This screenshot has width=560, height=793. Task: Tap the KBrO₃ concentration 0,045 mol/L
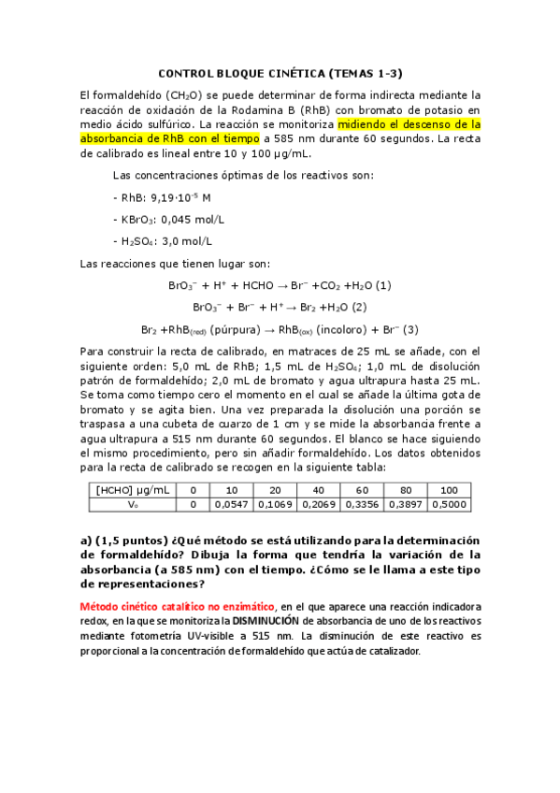click(x=193, y=220)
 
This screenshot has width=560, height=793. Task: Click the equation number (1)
click(x=382, y=285)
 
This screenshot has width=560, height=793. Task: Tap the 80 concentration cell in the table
click(x=405, y=490)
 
